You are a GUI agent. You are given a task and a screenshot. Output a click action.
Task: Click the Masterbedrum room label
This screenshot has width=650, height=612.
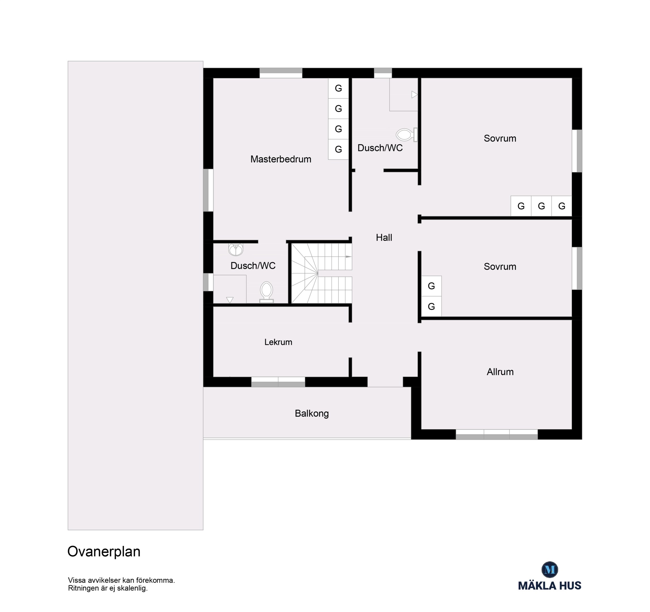tap(281, 159)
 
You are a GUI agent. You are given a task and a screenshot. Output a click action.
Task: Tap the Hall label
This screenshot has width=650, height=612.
tap(384, 237)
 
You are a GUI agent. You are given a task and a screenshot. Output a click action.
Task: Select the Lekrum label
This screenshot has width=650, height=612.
tap(278, 342)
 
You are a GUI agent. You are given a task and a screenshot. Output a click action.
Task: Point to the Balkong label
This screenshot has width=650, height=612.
tap(312, 414)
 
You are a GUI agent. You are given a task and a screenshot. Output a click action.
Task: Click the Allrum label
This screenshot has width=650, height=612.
tap(500, 372)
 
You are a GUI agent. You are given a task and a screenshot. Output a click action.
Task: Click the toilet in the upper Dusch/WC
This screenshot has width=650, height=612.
tap(406, 135)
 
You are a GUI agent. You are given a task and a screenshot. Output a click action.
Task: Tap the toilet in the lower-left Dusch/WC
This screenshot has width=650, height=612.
tap(266, 292)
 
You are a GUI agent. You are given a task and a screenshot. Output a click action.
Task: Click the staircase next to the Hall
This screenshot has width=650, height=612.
tap(321, 273)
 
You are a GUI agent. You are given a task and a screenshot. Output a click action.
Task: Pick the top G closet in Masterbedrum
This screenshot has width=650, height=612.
tap(338, 88)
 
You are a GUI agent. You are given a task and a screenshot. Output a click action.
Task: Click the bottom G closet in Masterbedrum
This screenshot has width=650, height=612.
tap(338, 149)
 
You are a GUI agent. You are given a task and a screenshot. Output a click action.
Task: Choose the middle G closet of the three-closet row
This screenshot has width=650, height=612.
tap(541, 206)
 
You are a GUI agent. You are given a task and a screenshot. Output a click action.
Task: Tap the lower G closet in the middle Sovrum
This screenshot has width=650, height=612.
tap(431, 307)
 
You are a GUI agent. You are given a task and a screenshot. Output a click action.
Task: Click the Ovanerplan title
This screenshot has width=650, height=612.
tap(104, 552)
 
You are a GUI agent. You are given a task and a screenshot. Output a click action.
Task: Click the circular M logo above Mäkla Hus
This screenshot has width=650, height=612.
tap(550, 569)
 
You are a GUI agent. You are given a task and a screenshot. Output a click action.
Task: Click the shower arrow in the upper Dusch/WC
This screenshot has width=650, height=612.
tap(414, 95)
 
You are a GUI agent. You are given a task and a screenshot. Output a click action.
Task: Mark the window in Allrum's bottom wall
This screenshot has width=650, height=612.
tap(497, 434)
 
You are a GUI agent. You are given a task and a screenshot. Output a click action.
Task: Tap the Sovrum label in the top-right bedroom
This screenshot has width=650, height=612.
tap(500, 138)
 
